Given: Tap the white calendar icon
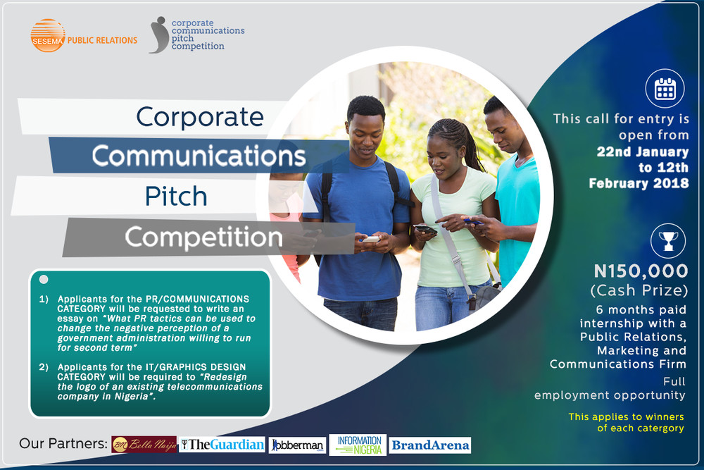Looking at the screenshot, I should (665, 88).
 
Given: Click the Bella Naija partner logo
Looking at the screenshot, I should (144, 445).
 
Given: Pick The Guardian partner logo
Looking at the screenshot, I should (222, 445).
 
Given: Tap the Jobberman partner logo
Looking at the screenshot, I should (298, 445).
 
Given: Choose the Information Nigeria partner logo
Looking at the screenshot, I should (357, 445).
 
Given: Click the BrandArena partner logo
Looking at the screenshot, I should (429, 445).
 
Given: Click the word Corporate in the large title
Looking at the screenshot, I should (200, 116).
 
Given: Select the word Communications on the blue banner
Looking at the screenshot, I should (199, 156).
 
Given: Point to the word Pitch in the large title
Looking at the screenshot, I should (176, 197).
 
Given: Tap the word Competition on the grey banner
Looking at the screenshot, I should (203, 237).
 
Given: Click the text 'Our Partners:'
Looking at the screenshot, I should (63, 445).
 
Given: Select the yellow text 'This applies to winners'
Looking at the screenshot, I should (626, 416).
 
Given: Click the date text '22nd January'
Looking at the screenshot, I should (643, 151).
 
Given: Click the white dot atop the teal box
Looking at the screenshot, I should (44, 280).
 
